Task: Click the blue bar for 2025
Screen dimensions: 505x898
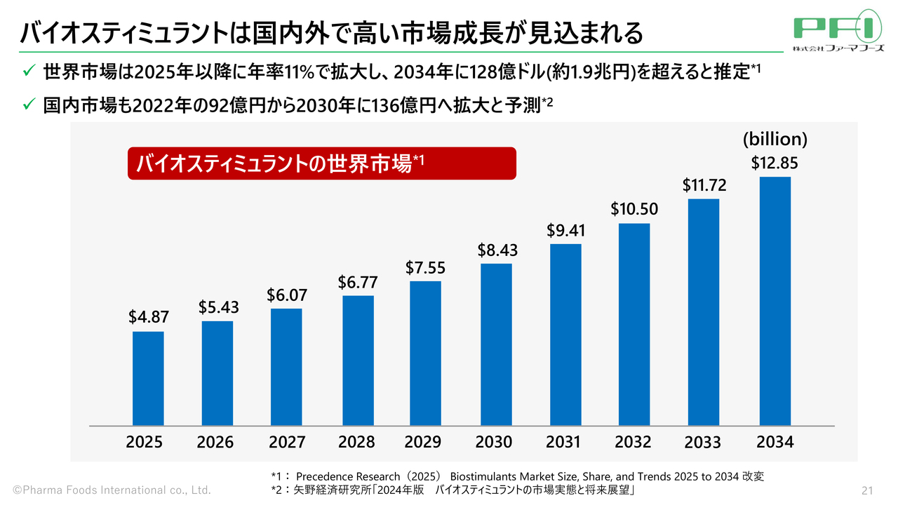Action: tap(148, 379)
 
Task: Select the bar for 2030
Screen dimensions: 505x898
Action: tap(496, 344)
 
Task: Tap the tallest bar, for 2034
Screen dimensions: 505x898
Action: tap(775, 301)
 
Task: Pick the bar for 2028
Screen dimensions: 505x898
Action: tap(358, 361)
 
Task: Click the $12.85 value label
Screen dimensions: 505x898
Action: tap(775, 163)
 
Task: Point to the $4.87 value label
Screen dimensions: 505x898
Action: tap(149, 317)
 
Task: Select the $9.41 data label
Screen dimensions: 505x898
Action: tap(565, 230)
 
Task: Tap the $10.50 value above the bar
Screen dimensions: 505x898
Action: tap(634, 209)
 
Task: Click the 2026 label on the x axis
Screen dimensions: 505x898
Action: tap(215, 443)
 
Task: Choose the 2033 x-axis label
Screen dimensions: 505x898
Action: tap(702, 443)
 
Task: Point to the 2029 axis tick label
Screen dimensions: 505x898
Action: tap(423, 443)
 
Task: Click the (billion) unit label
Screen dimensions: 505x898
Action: tap(775, 139)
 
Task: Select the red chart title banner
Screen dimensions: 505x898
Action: tap(321, 164)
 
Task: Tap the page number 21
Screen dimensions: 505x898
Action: tap(866, 490)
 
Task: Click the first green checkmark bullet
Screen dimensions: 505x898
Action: tap(29, 72)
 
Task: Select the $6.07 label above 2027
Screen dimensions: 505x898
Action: tap(286, 296)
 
